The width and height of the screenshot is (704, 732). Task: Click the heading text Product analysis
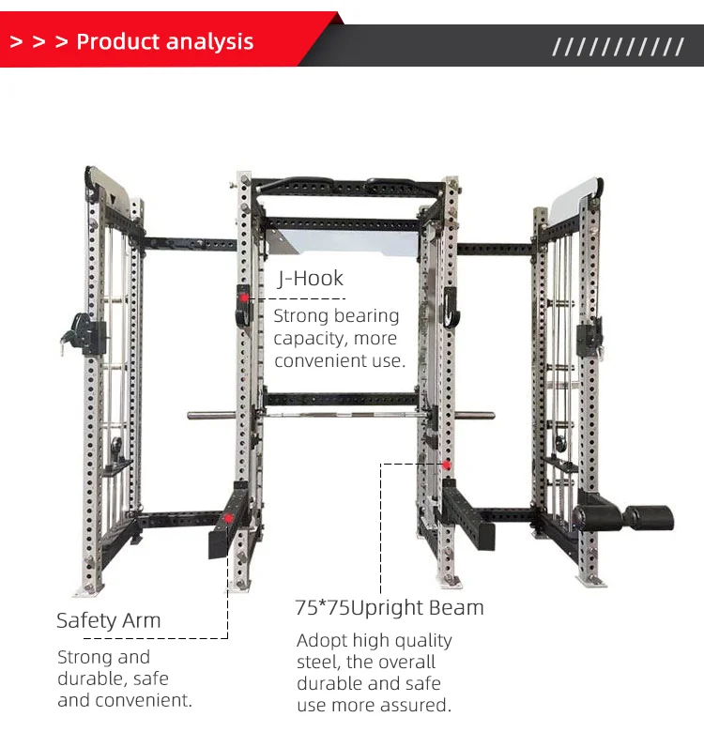coord(164,42)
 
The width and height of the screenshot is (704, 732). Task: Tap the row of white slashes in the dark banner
coord(618,47)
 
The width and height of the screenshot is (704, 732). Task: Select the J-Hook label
coord(310,278)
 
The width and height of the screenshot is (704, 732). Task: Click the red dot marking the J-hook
coord(244,297)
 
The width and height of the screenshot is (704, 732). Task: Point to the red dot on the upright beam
coord(446,465)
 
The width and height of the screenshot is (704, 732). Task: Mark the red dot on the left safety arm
coord(227,517)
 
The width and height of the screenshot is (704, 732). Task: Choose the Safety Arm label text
coord(108,620)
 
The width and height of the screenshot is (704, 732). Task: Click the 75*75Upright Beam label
coord(390,607)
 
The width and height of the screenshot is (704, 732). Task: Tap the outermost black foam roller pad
coord(650,517)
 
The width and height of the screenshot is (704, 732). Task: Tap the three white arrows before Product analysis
coord(38,42)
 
